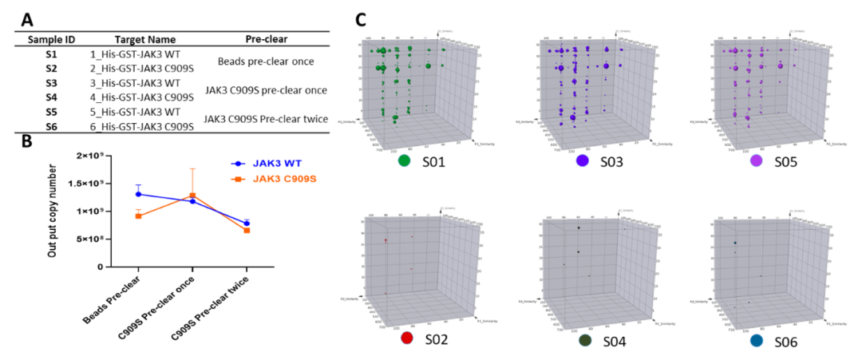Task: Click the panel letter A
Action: (x=27, y=18)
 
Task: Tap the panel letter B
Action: (x=27, y=143)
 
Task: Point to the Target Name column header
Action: (x=140, y=38)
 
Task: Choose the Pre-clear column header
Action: (x=267, y=38)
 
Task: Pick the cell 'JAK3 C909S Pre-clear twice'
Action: (x=266, y=119)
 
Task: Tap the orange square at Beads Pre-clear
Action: (x=139, y=216)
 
